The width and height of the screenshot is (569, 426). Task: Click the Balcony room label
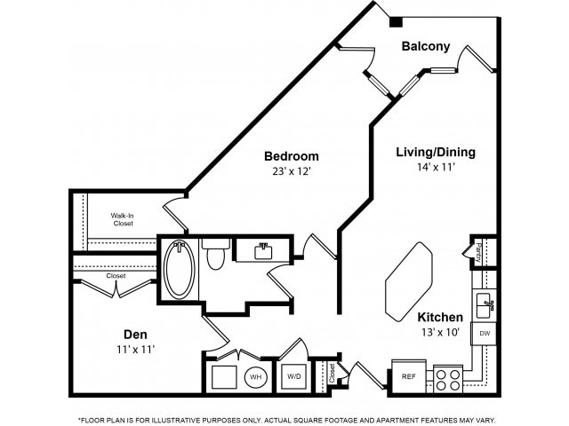pyautogui.click(x=425, y=46)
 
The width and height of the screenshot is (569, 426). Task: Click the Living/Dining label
pyautogui.click(x=435, y=152)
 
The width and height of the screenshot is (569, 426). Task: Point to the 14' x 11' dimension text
pyautogui.click(x=435, y=167)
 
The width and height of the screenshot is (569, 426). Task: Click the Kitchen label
pyautogui.click(x=439, y=317)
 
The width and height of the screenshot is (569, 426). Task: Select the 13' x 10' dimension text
pyautogui.click(x=439, y=332)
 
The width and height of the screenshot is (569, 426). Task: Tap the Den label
pyautogui.click(x=135, y=335)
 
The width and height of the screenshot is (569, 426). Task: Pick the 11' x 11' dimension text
pyautogui.click(x=135, y=350)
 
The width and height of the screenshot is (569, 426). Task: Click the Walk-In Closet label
pyautogui.click(x=124, y=219)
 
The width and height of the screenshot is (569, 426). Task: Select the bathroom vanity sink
pyautogui.click(x=262, y=250)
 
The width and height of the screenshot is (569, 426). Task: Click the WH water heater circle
pyautogui.click(x=255, y=377)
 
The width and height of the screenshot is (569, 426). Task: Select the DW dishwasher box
pyautogui.click(x=485, y=334)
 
